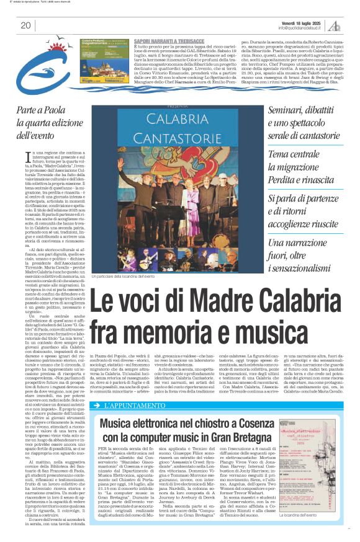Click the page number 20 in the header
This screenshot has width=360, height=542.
tap(25, 25)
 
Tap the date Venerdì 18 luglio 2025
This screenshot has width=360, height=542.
tap(304, 22)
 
